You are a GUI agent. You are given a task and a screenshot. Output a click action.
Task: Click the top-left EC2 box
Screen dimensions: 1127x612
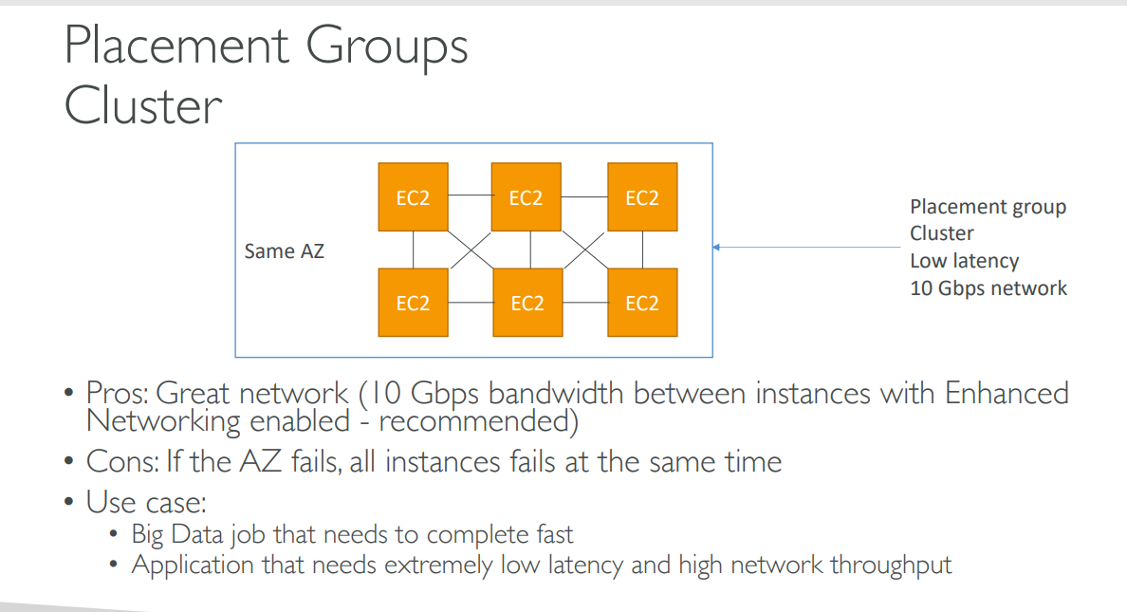(x=414, y=197)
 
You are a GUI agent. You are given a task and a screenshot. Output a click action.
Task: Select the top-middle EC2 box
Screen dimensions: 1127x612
(x=527, y=197)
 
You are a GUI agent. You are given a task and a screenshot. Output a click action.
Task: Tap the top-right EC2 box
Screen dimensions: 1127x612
(x=642, y=197)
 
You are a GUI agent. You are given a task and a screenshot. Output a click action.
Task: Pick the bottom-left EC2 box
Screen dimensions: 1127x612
(x=414, y=303)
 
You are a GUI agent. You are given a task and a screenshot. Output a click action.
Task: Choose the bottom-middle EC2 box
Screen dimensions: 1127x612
(x=527, y=303)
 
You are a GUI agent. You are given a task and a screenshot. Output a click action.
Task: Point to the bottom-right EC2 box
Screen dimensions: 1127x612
(x=642, y=303)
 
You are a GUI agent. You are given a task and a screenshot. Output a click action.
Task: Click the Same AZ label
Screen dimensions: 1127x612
(x=284, y=251)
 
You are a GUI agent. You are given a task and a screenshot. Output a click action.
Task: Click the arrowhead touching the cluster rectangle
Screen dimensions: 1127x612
(x=716, y=248)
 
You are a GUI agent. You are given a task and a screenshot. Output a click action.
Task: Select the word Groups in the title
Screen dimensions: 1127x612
(x=387, y=47)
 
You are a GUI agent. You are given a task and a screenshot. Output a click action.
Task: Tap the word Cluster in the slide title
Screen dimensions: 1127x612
(x=143, y=106)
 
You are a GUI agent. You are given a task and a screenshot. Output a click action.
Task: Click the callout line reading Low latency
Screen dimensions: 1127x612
(x=965, y=260)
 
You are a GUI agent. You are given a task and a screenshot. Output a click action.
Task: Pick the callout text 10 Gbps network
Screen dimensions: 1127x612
(x=988, y=288)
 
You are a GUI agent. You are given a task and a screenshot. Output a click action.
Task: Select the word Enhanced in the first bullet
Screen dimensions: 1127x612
(x=1007, y=394)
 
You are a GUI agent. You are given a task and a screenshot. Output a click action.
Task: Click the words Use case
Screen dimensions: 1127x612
(x=146, y=502)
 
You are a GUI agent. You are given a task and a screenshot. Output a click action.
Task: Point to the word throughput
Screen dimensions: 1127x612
(x=891, y=566)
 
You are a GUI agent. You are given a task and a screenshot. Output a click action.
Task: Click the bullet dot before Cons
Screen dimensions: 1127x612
(x=69, y=461)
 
